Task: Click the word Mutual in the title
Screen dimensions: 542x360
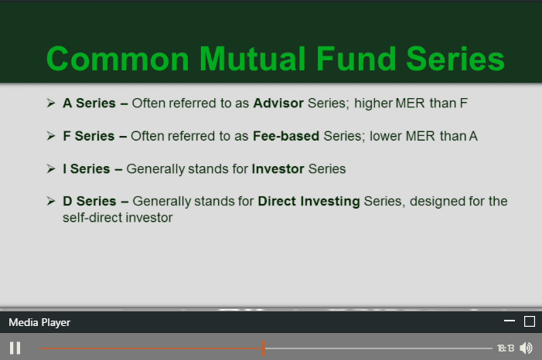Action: pos(254,59)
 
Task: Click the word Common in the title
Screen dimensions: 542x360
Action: pos(118,59)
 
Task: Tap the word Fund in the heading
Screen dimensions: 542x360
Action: pos(356,59)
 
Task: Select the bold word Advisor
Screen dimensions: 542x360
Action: pos(278,104)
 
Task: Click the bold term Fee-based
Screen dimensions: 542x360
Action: pos(286,136)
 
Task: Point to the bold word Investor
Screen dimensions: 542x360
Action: pos(278,169)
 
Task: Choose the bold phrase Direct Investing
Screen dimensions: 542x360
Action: pos(308,202)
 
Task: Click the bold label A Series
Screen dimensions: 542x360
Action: pos(89,104)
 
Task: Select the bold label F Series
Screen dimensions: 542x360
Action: pos(88,136)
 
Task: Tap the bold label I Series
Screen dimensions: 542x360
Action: pos(87,169)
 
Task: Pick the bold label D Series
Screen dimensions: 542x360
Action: pos(89,202)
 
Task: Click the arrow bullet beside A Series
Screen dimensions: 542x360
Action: pos(51,103)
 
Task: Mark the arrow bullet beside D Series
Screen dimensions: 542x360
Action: pos(51,201)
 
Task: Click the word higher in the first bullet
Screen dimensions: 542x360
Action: pos(373,104)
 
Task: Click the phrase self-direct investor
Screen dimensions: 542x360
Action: pos(118,218)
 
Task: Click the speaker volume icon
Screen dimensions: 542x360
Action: pos(526,348)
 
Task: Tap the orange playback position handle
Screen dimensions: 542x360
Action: pos(264,348)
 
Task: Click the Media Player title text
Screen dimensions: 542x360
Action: pos(39,323)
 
